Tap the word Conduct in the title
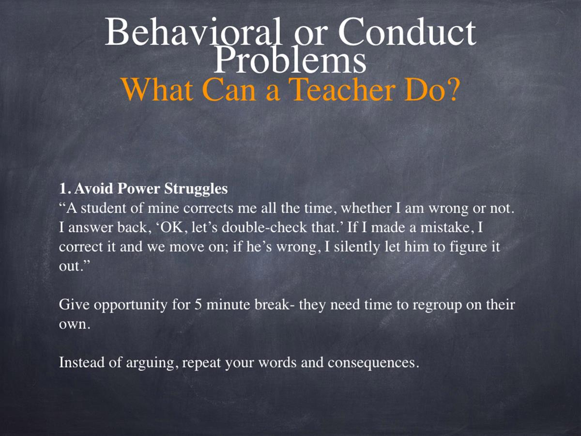[x=407, y=32]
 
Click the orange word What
[x=157, y=89]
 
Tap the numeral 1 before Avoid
[x=62, y=189]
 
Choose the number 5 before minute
[x=198, y=305]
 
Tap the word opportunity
[x=131, y=306]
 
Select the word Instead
[x=82, y=362]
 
